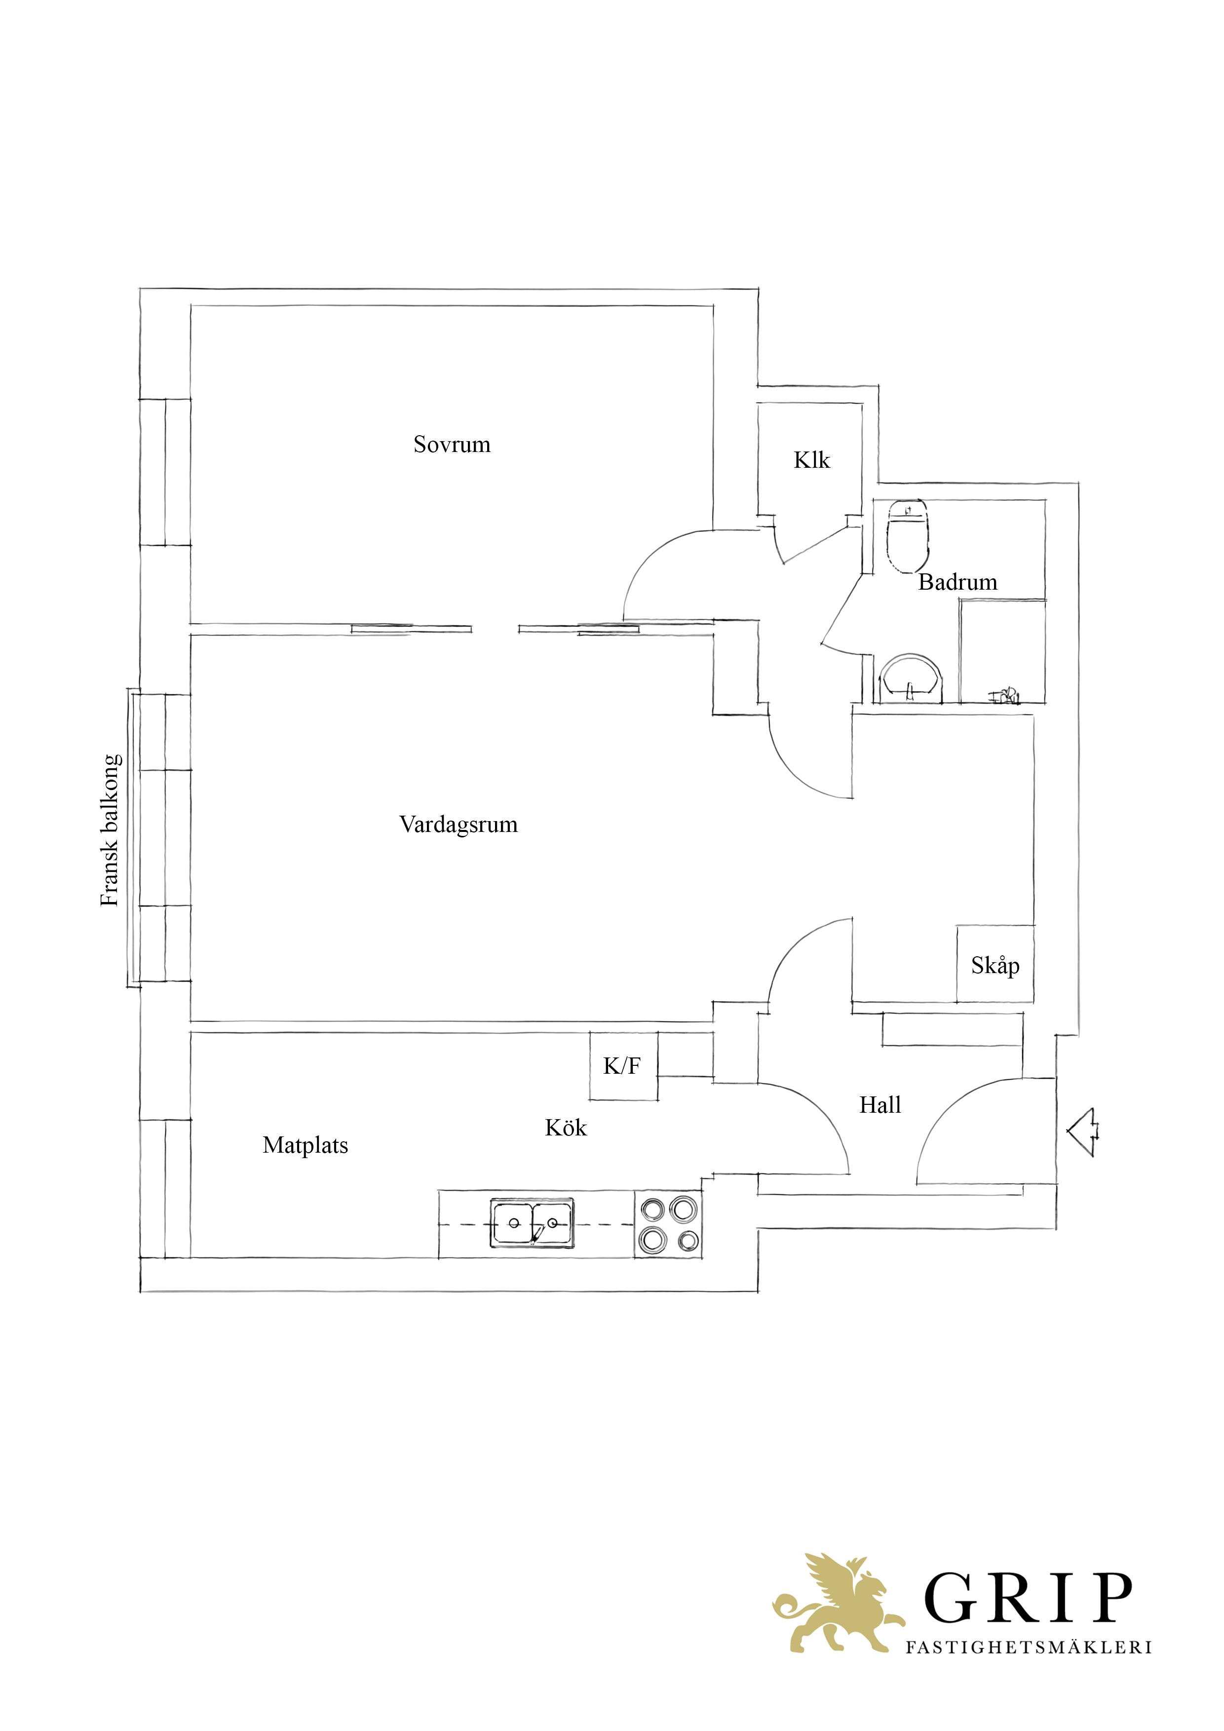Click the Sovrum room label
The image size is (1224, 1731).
452,444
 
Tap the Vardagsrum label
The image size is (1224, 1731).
459,824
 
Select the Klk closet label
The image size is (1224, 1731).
811,460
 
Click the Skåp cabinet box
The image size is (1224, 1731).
994,964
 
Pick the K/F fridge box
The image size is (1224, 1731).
623,1066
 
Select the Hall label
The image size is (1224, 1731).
880,1105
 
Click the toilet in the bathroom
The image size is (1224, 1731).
907,536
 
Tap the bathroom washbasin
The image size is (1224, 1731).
912,679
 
